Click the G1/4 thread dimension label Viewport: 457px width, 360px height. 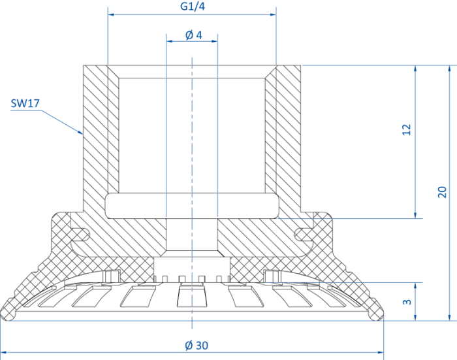tap(193, 6)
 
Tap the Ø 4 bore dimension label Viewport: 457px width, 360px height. tap(193, 35)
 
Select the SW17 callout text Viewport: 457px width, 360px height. tap(25, 103)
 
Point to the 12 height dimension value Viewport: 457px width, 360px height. tap(406, 129)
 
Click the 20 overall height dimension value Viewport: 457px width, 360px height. tap(442, 192)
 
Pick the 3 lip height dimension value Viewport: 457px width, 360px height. tap(407, 302)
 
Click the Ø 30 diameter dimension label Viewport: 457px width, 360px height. tap(197, 346)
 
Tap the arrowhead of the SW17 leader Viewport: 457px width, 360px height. tap(80, 132)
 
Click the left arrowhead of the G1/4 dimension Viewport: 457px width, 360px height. tap(111, 14)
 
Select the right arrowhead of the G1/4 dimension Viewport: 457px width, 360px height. tap(273, 14)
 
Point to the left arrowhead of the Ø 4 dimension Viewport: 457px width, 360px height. tap(170, 41)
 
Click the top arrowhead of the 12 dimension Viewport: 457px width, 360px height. tap(415, 69)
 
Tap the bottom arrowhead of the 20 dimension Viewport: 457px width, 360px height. tap(449, 317)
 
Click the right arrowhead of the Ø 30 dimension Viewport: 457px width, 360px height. tap(380, 352)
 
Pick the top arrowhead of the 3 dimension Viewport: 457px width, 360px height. tap(415, 286)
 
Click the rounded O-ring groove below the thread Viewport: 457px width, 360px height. tap(192, 206)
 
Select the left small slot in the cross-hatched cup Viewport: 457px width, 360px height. tap(79, 235)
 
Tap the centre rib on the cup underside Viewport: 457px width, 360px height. tap(191, 295)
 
